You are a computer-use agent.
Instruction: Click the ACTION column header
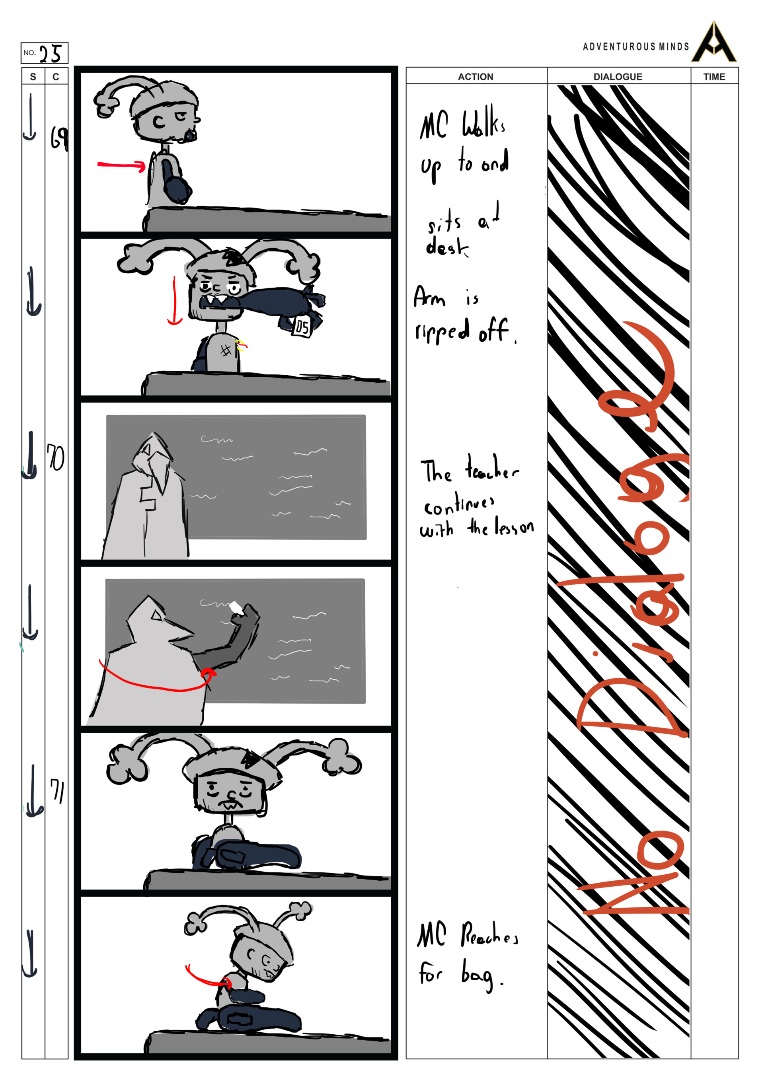click(x=475, y=77)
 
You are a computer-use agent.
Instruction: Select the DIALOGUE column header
click(x=618, y=77)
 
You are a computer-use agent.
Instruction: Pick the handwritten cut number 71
click(x=57, y=791)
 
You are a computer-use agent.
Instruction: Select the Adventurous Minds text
click(x=635, y=47)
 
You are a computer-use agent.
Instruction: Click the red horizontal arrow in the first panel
click(x=121, y=165)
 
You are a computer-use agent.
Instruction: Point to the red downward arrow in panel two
click(x=175, y=301)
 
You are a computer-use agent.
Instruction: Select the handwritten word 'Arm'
click(x=429, y=297)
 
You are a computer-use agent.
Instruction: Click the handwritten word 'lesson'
click(x=514, y=528)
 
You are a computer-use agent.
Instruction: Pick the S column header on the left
click(x=33, y=77)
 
